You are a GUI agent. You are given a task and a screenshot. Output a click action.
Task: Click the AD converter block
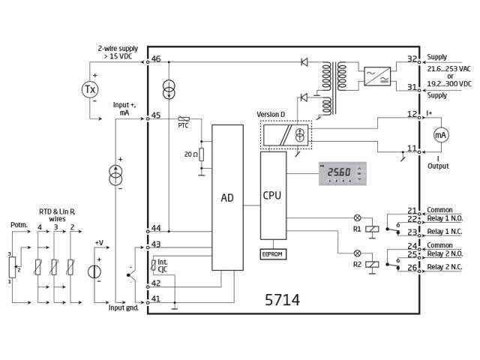tap(228, 198)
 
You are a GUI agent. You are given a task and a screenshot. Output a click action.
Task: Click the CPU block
tap(272, 195)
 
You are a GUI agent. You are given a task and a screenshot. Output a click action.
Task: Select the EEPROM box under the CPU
tap(272, 253)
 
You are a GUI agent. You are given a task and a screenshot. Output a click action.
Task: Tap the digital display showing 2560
tap(341, 174)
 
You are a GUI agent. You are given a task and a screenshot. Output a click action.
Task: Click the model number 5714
tap(282, 300)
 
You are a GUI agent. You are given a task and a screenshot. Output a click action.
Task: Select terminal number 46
tap(156, 59)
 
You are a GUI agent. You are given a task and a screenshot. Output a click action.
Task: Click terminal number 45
tap(156, 115)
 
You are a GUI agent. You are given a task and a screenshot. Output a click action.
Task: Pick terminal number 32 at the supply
tap(412, 58)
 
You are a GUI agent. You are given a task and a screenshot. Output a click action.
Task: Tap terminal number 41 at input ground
tap(156, 298)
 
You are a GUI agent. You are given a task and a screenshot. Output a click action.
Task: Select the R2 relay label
tap(357, 264)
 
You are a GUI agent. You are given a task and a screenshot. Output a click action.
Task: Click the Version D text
tap(271, 114)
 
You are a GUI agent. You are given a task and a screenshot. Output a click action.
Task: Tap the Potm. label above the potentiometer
tap(19, 224)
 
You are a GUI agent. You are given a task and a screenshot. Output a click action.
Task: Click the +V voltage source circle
tap(94, 271)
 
